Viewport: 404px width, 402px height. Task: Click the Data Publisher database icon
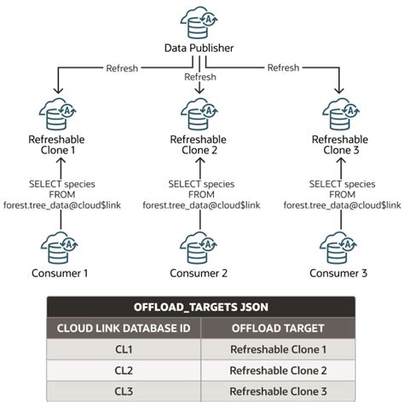pyautogui.click(x=199, y=23)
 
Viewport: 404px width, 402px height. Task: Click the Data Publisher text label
pyautogui.click(x=199, y=48)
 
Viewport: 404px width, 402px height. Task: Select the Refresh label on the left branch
pyautogui.click(x=122, y=68)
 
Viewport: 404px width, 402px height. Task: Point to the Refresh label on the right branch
pyautogui.click(x=283, y=67)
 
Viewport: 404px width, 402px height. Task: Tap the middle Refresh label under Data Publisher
pyautogui.click(x=200, y=77)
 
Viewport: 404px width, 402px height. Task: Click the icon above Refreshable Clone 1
pyautogui.click(x=58, y=114)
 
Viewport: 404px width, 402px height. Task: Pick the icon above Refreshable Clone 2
pyautogui.click(x=199, y=114)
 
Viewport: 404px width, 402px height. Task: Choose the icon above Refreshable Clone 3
pyautogui.click(x=341, y=114)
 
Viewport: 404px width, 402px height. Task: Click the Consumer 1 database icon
pyautogui.click(x=60, y=248)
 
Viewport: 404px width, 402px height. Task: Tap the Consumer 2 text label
pyautogui.click(x=199, y=273)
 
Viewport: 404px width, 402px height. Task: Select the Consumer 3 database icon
pyautogui.click(x=338, y=248)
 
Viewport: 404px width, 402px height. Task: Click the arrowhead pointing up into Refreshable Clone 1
pyautogui.click(x=61, y=161)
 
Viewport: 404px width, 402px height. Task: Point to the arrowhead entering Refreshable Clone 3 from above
pyautogui.click(x=338, y=90)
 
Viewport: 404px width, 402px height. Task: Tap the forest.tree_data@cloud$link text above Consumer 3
pyautogui.click(x=342, y=205)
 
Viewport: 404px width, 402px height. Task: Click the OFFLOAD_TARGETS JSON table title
pyautogui.click(x=201, y=307)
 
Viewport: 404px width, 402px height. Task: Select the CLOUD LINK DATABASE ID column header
pyautogui.click(x=124, y=328)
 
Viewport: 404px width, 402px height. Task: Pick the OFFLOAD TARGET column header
pyautogui.click(x=278, y=328)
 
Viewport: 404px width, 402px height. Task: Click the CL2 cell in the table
pyautogui.click(x=124, y=370)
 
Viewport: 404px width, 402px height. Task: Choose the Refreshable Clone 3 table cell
pyautogui.click(x=278, y=392)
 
